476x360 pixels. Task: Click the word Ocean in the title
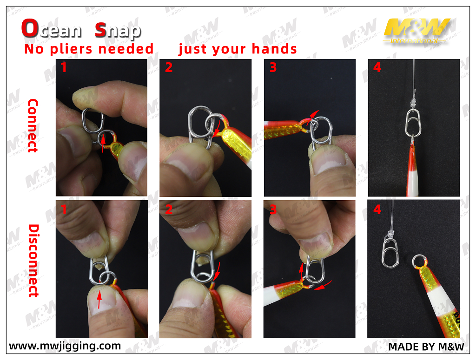pyautogui.click(x=51, y=28)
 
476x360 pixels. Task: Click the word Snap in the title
pyautogui.click(x=118, y=30)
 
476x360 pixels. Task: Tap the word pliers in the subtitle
pyautogui.click(x=71, y=49)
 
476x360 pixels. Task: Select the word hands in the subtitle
pyautogui.click(x=274, y=49)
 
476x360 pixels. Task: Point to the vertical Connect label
pyautogui.click(x=33, y=125)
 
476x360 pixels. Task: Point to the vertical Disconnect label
pyautogui.click(x=33, y=261)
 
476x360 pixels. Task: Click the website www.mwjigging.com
pyautogui.click(x=65, y=346)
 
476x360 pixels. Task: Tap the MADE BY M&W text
pyautogui.click(x=426, y=347)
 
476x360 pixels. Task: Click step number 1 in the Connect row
pyautogui.click(x=63, y=67)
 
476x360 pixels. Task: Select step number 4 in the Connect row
pyautogui.click(x=377, y=67)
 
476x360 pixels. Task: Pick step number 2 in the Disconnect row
pyautogui.click(x=169, y=209)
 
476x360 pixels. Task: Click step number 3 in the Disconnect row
pyautogui.click(x=273, y=209)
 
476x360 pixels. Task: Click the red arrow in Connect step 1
pyautogui.click(x=103, y=144)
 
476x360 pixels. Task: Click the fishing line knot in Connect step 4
pyautogui.click(x=413, y=103)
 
